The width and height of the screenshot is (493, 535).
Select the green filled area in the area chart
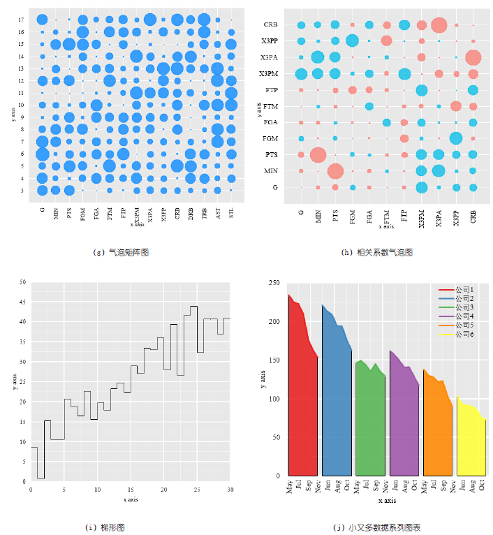point(369,426)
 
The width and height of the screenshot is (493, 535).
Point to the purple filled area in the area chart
point(404,426)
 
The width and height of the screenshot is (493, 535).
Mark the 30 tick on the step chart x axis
point(230,490)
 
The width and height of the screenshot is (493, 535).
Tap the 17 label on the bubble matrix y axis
point(22,20)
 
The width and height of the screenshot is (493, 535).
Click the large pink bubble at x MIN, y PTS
point(318,154)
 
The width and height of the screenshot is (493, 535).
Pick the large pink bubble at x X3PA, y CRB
point(439,25)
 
